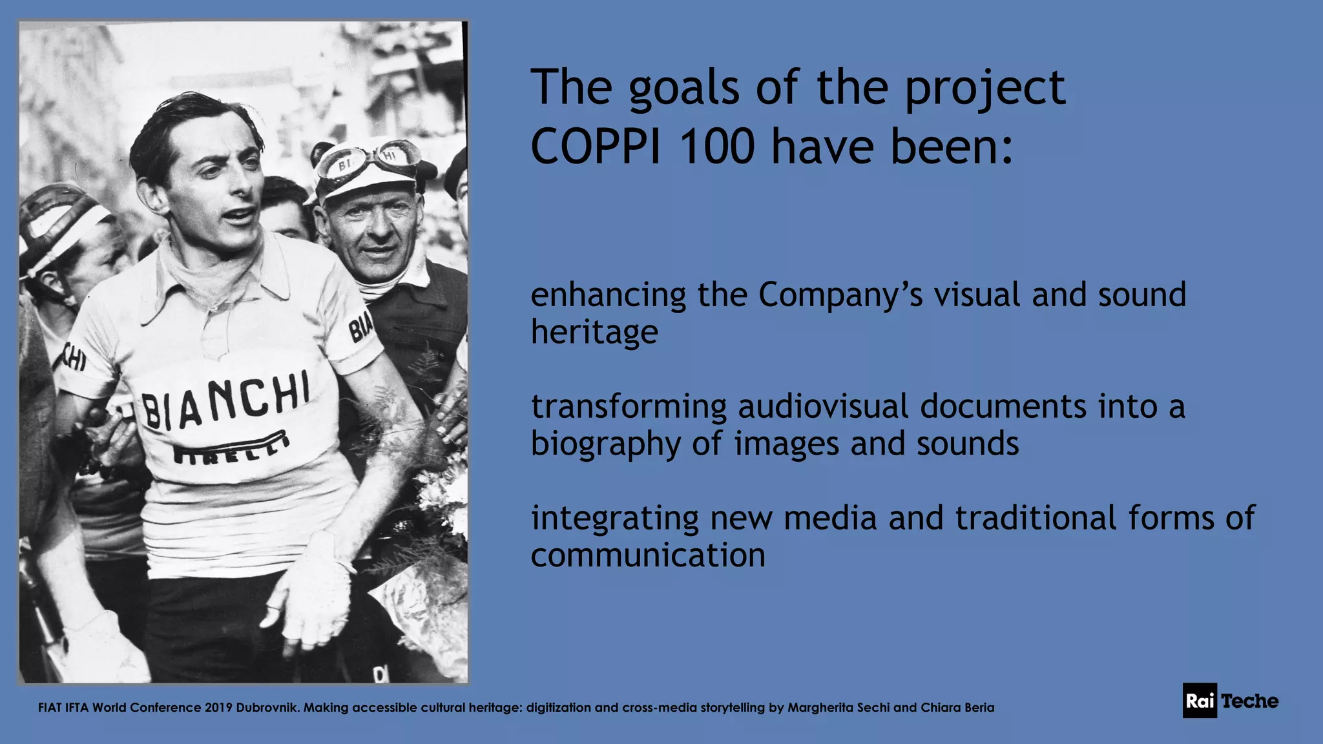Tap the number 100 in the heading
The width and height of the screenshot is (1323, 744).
coord(717,147)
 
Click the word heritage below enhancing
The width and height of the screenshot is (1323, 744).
coord(594,333)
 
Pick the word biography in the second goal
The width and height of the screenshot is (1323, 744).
coord(605,445)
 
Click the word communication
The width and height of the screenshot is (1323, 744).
coord(648,555)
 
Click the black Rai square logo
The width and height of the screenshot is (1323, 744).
coord(1200,701)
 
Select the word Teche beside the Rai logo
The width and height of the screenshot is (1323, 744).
coord(1249,701)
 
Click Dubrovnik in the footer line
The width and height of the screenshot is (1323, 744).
coord(267,708)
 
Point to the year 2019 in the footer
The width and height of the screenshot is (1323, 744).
coord(218,708)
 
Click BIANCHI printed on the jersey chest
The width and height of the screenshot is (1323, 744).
coord(225,401)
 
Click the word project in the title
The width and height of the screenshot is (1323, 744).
coord(984,89)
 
